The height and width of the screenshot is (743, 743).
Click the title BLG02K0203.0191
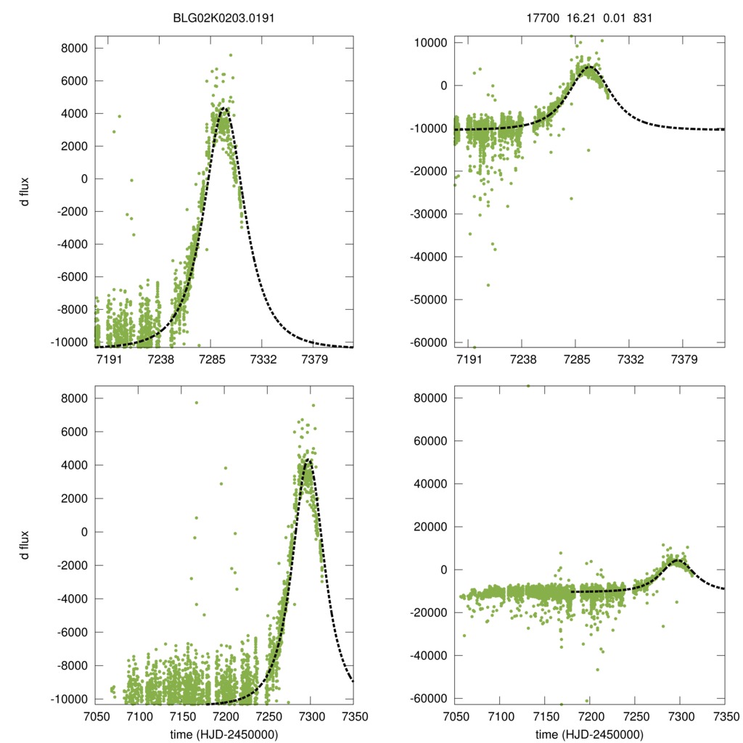(x=223, y=18)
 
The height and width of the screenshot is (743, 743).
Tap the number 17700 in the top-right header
(x=543, y=18)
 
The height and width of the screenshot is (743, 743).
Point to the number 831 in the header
(x=642, y=18)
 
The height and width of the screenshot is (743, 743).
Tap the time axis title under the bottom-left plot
(x=223, y=734)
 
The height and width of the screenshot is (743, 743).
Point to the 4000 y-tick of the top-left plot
(x=73, y=113)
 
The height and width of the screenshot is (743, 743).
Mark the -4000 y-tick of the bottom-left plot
(x=71, y=599)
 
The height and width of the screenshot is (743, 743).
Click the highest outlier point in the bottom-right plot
(x=528, y=386)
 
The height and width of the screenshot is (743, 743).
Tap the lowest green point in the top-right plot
(x=475, y=347)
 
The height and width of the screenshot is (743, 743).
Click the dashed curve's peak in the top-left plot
(x=224, y=110)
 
